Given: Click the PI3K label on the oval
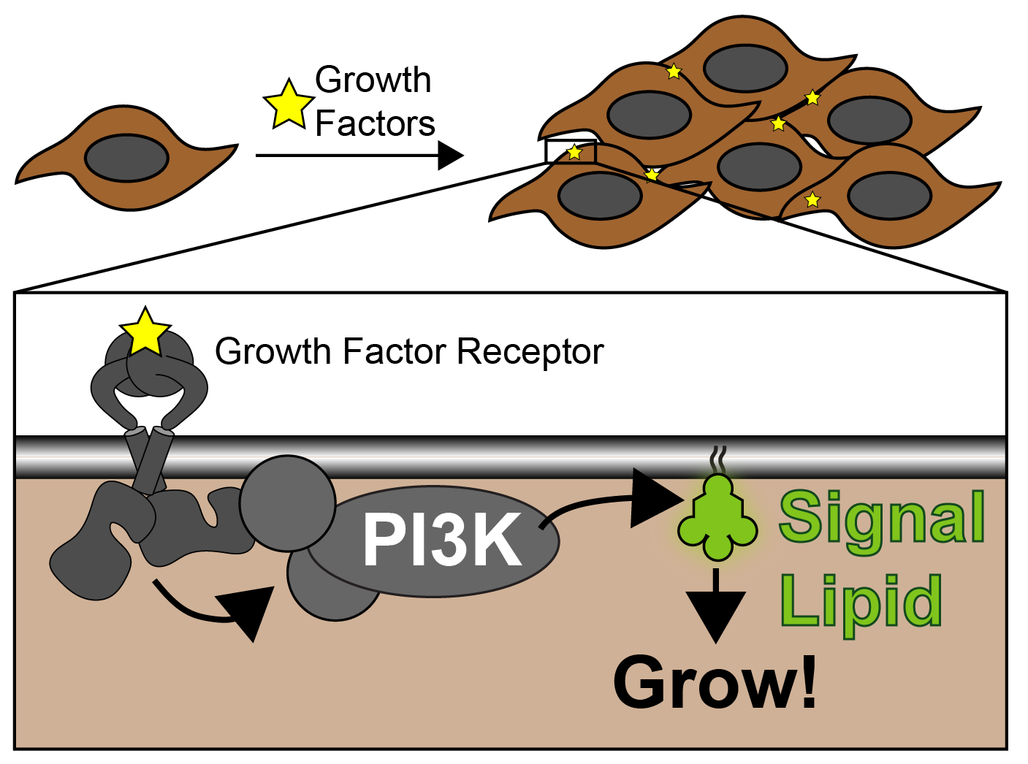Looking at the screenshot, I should pos(442,540).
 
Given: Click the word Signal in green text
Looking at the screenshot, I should pos(882,519).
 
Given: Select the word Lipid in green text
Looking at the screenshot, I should pos(861,600).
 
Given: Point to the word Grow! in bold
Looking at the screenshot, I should pos(715,683).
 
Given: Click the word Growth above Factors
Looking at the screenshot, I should pos(373,80).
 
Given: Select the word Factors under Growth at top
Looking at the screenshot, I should pos(375,123).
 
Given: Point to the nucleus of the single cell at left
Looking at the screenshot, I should pos(126,158).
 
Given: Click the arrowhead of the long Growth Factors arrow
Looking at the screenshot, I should pos(449,156).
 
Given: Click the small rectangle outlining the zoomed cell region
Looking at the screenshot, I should pos(571,152).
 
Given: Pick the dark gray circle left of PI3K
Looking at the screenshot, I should pos(287,503).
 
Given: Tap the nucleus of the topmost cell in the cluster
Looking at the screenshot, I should pos(745,68).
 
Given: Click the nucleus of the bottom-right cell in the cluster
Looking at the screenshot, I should pos(889,196).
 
